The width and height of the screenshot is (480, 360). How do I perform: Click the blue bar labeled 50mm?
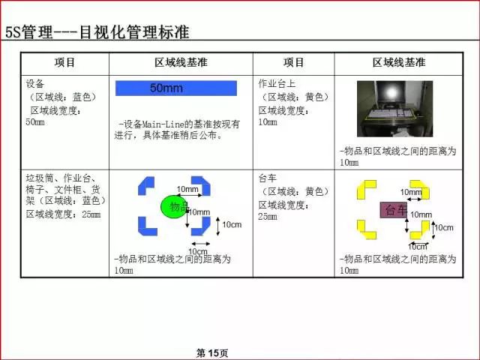(175, 88)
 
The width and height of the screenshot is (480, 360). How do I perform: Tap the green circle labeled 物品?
(174, 206)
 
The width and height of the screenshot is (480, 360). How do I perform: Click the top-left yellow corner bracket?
(364, 187)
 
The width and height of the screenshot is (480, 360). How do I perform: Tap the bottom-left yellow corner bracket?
(365, 229)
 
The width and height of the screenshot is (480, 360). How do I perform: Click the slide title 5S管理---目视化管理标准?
(97, 32)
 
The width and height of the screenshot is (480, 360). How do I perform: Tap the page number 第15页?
(211, 352)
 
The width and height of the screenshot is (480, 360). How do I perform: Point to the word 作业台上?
(277, 83)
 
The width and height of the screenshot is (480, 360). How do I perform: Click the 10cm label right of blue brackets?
(232, 225)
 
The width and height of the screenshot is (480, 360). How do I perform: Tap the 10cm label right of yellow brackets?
(443, 227)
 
